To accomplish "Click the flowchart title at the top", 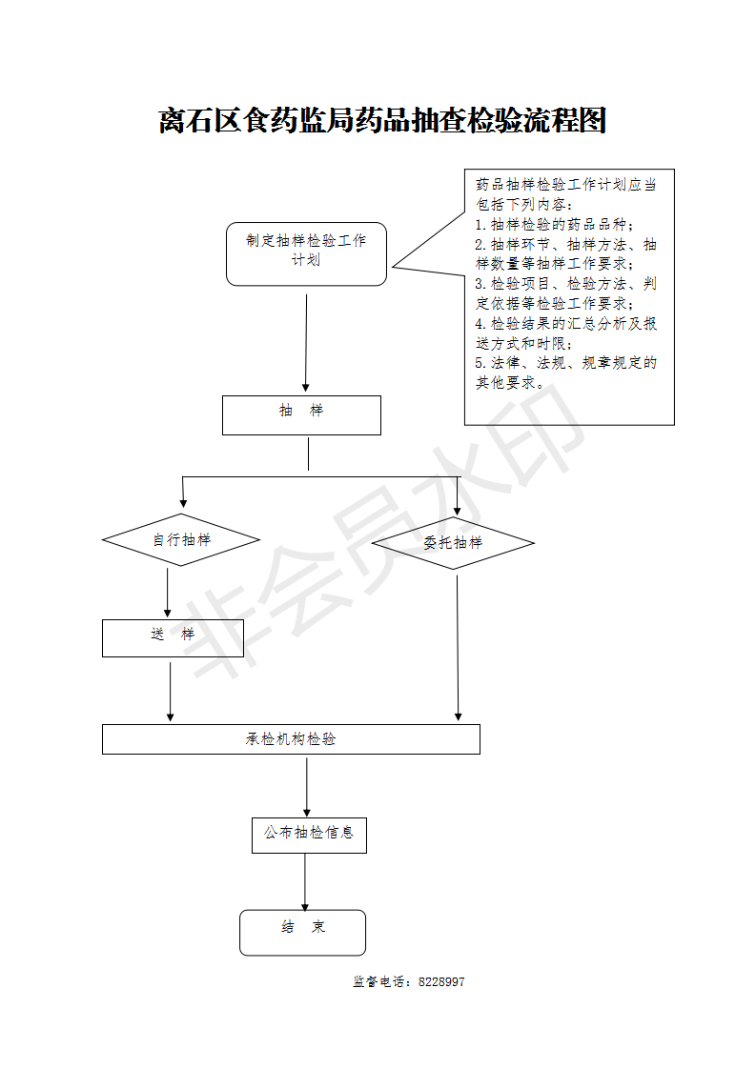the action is coord(382,121).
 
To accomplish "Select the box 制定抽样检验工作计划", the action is coord(306,253).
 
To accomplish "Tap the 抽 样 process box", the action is coord(301,415).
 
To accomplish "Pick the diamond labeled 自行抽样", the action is coord(181,540).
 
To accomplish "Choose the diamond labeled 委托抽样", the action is coord(453,543).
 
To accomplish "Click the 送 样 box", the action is coord(173,638).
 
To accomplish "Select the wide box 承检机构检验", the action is coord(292,739).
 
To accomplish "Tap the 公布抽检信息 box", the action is coord(309,836).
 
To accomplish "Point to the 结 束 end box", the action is coord(302,933).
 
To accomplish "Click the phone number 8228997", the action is coord(441,981).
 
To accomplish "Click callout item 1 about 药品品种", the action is coord(554,224).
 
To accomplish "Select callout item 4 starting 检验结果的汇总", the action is coord(565,333).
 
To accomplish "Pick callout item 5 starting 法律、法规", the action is coord(565,373).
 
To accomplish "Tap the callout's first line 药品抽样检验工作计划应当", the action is coord(565,185).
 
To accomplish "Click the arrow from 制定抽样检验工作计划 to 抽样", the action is coord(306,343).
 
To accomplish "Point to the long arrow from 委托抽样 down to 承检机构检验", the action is coord(458,648).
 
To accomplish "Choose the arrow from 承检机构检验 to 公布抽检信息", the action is coord(307,787).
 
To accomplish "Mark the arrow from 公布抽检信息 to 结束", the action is coord(305,882).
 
